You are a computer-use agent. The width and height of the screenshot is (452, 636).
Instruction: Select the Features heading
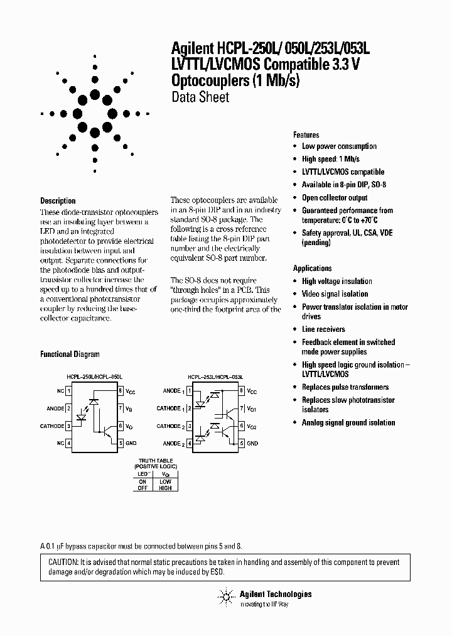pos(306,134)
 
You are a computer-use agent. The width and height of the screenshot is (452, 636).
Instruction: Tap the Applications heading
pos(313,268)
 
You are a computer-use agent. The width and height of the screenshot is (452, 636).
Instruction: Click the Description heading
pos(58,201)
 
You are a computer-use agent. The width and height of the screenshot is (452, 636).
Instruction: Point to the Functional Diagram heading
pos(70,354)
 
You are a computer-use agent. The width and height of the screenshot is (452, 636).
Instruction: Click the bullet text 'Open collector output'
pos(335,197)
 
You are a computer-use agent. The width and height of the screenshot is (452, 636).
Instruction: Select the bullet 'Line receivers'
pos(323,329)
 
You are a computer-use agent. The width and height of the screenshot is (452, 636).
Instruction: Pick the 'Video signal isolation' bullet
pos(335,294)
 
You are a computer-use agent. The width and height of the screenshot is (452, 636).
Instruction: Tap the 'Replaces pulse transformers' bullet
pos(345,387)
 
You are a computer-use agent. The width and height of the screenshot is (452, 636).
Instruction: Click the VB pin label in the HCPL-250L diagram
pos(129,408)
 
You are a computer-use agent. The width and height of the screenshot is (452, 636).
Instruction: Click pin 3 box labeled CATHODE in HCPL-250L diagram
pos(68,426)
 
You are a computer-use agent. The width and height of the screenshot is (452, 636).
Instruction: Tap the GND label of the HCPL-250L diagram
pos(130,444)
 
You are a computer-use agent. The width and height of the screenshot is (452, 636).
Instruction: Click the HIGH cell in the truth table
pos(165,487)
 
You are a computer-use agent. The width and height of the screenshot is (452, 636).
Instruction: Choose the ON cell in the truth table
pos(142,481)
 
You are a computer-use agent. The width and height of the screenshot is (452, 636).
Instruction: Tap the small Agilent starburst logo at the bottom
pos(224,598)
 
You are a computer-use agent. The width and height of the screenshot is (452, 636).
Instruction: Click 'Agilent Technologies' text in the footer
pos(275,594)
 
